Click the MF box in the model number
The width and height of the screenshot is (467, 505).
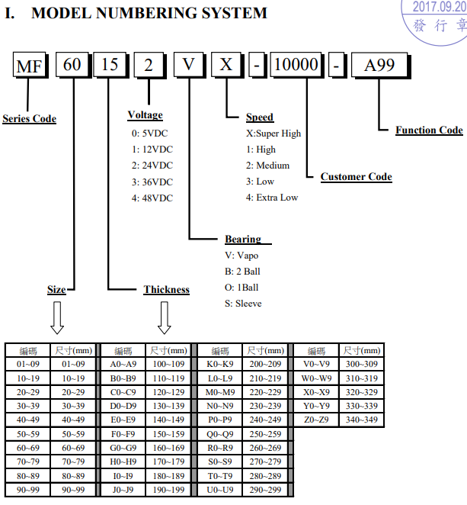pyautogui.click(x=30, y=66)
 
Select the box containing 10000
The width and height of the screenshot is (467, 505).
pyautogui.click(x=296, y=66)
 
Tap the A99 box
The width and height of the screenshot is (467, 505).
pyautogui.click(x=379, y=66)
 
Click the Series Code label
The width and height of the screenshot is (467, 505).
pyautogui.click(x=30, y=119)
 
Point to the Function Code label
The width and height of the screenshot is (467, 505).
pyautogui.click(x=429, y=130)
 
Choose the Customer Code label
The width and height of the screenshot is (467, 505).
pyautogui.click(x=356, y=177)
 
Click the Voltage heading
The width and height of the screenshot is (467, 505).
pyautogui.click(x=145, y=115)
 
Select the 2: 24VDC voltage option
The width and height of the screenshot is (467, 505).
pyautogui.click(x=152, y=166)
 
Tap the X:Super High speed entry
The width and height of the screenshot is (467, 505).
pyautogui.click(x=273, y=133)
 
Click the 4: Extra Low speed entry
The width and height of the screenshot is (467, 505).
pyautogui.click(x=272, y=198)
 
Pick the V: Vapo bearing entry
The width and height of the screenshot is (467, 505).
pyautogui.click(x=242, y=256)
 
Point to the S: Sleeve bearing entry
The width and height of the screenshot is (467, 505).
pyautogui.click(x=243, y=304)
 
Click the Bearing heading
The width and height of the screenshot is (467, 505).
pyautogui.click(x=243, y=240)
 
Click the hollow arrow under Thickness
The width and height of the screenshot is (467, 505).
pyautogui.click(x=165, y=317)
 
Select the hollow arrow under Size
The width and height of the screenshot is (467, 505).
pyautogui.click(x=57, y=317)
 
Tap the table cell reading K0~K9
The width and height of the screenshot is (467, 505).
pyautogui.click(x=220, y=365)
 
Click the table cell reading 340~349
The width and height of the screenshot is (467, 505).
pyautogui.click(x=361, y=420)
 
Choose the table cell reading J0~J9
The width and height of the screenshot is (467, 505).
pyautogui.click(x=123, y=490)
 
